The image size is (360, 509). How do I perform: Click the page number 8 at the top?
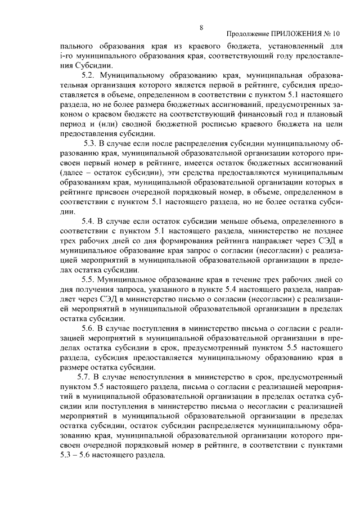(201, 27)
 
